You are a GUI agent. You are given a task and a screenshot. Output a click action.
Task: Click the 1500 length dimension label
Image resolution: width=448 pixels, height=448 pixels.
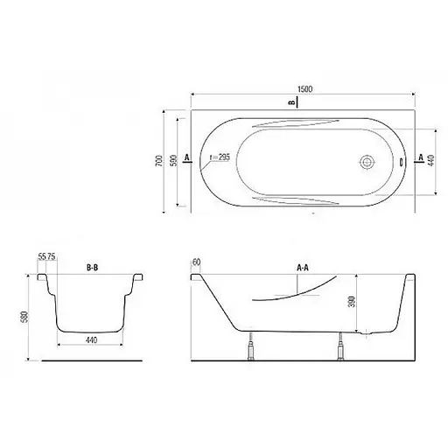(x=304, y=88)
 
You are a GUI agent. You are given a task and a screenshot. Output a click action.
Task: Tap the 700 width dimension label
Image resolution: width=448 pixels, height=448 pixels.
(x=159, y=161)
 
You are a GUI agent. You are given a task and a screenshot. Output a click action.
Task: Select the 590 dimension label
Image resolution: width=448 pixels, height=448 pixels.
(x=173, y=161)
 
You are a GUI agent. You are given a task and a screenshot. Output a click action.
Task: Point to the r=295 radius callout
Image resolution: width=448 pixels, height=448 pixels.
(x=220, y=157)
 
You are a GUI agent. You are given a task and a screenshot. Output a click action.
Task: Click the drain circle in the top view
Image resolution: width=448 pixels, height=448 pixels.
(x=367, y=162)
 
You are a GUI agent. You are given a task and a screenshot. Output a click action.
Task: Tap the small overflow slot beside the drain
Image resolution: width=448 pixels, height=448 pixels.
(x=401, y=162)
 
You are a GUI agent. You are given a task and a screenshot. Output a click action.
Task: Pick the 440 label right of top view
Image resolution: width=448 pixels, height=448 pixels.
(x=431, y=161)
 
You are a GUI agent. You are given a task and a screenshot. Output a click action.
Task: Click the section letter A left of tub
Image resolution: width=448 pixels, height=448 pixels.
(x=187, y=157)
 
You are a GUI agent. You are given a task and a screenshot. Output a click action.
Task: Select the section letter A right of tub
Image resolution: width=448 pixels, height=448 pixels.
(x=421, y=157)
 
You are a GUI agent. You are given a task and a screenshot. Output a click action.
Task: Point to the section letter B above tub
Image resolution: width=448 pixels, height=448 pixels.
(x=290, y=102)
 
